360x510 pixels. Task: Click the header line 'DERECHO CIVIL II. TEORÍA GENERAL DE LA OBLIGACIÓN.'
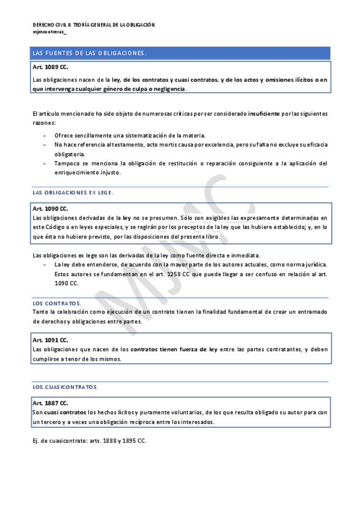tap(94, 25)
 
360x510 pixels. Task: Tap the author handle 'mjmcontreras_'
tap(50, 32)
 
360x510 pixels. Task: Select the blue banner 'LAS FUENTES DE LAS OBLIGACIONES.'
tap(90, 54)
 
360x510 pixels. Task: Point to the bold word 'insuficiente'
tap(263, 113)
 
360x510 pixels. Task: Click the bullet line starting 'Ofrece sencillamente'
tap(129, 135)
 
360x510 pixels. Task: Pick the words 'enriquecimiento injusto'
tap(87, 173)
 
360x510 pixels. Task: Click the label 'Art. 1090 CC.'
tap(50, 208)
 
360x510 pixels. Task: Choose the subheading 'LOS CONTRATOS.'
tap(57, 303)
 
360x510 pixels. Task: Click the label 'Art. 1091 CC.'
tap(50, 340)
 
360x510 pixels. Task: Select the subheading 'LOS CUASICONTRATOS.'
tap(65, 387)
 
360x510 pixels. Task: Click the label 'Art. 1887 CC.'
tap(50, 403)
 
